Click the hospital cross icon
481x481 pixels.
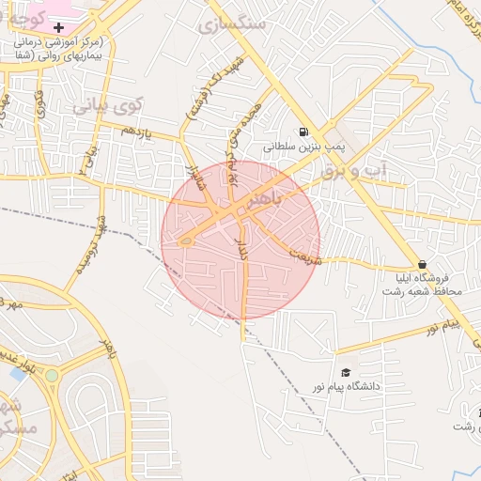point(58,28)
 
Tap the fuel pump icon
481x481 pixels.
point(303,132)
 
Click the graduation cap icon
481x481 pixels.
point(346,373)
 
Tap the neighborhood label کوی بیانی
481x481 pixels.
point(95,107)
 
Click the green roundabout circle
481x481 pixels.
point(52,376)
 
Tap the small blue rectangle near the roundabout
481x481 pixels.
point(18,374)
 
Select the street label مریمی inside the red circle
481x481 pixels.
point(305,254)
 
